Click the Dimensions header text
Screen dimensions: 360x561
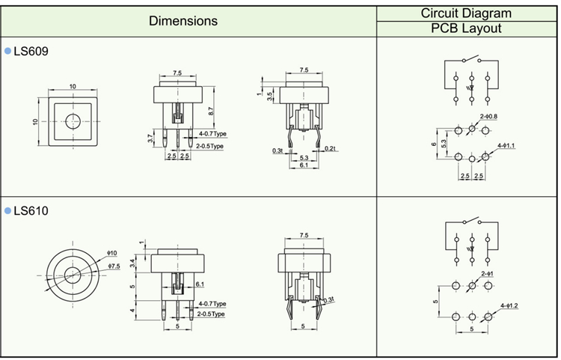(x=183, y=21)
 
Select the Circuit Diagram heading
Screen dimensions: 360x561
(x=466, y=13)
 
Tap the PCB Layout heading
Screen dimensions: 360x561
(x=466, y=28)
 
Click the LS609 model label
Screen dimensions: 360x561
(x=31, y=51)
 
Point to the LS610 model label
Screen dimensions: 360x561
(x=31, y=211)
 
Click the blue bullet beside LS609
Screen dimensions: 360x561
(x=8, y=51)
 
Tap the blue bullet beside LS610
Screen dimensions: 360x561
(x=8, y=211)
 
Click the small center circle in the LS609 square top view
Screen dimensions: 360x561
(x=73, y=122)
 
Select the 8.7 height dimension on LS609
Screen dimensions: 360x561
(x=212, y=110)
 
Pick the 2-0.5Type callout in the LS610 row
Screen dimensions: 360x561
(x=211, y=314)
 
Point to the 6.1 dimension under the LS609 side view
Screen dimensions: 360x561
(x=304, y=165)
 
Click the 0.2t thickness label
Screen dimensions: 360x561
(x=331, y=149)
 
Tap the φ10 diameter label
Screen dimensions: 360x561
(x=114, y=253)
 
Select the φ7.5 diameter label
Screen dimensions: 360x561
(x=114, y=266)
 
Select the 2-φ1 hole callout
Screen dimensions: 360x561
(x=487, y=273)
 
